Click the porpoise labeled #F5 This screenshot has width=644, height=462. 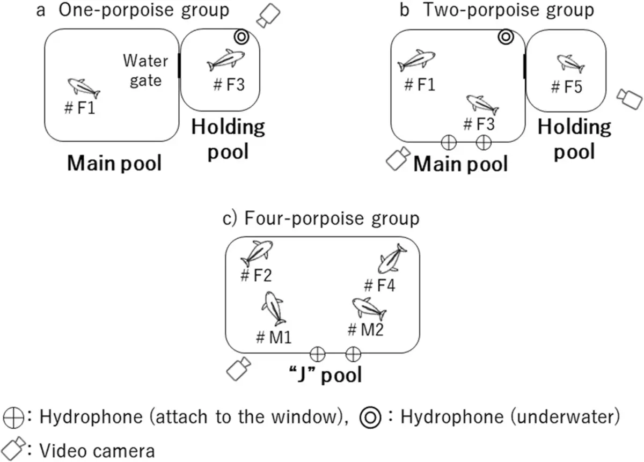point(570,63)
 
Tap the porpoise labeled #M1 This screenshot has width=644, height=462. point(274,309)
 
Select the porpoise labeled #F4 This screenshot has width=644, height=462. point(392,259)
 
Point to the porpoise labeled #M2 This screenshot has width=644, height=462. point(369,307)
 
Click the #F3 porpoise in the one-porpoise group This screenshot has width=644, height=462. point(226,60)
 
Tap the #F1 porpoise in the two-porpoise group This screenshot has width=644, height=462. point(416,60)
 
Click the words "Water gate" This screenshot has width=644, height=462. point(142,70)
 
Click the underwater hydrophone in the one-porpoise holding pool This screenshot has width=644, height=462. point(241,36)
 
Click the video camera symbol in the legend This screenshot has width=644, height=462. point(13,446)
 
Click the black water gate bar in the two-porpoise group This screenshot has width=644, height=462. point(524,67)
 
